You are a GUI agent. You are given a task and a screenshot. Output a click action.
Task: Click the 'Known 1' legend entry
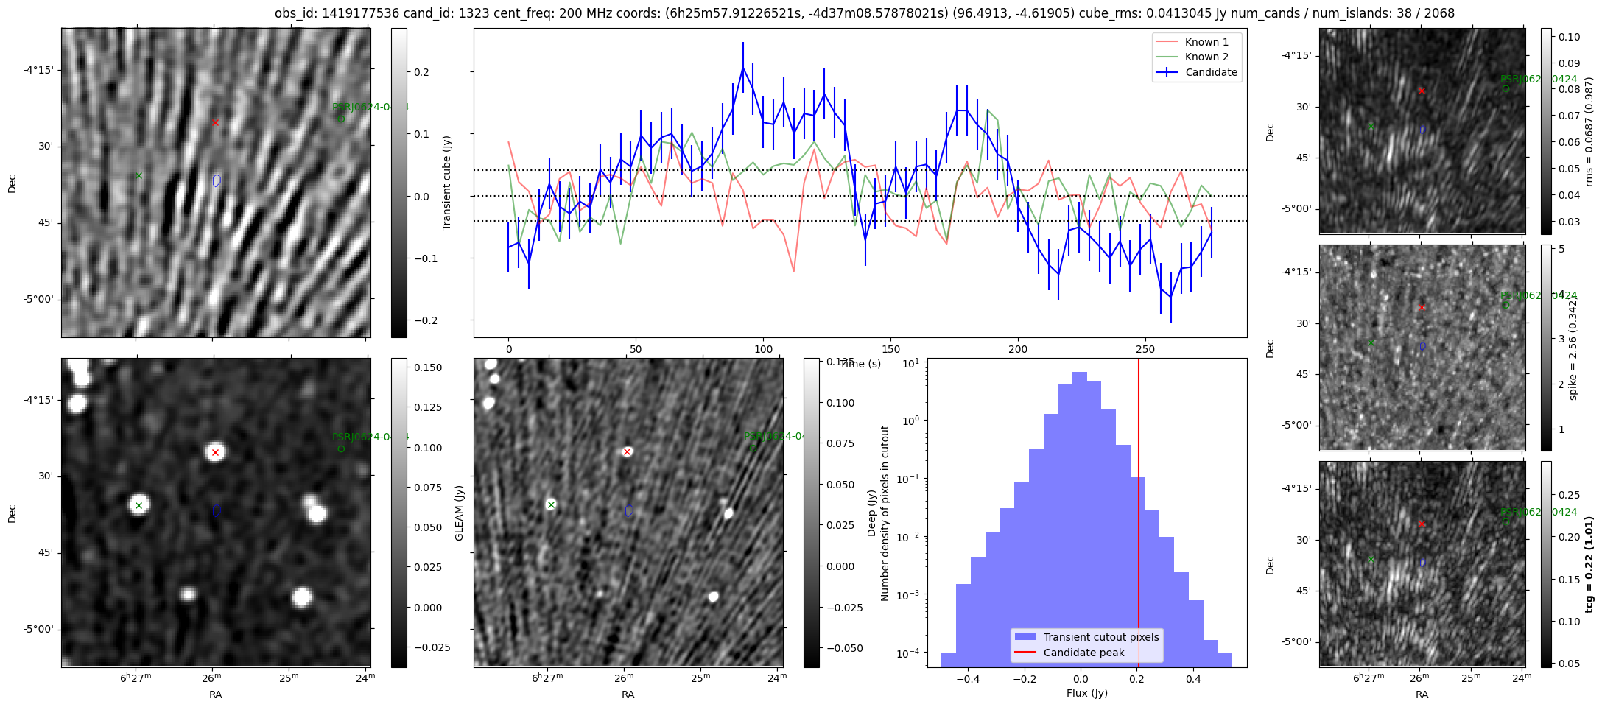click(x=1206, y=42)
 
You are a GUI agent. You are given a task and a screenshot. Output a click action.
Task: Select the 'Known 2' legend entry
click(x=1206, y=57)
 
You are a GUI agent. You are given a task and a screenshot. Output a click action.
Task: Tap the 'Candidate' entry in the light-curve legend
click(x=1211, y=72)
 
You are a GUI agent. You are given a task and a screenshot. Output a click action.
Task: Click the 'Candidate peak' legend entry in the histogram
click(x=1083, y=653)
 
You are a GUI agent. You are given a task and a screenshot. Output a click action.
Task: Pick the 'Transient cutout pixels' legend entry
click(x=1100, y=637)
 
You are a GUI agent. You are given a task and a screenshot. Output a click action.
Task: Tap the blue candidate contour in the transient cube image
click(x=217, y=180)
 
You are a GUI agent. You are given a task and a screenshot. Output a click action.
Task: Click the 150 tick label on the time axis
click(x=890, y=349)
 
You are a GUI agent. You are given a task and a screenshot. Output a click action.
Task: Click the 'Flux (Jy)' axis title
click(x=1086, y=693)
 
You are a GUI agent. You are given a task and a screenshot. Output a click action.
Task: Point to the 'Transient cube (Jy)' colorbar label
click(x=446, y=183)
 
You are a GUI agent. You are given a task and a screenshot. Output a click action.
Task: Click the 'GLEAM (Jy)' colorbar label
click(x=459, y=513)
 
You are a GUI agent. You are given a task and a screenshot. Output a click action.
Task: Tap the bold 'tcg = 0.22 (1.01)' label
click(x=1589, y=564)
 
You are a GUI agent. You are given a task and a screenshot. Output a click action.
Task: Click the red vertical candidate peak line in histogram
click(x=1139, y=516)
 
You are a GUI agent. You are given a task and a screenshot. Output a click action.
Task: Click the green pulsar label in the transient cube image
click(x=368, y=107)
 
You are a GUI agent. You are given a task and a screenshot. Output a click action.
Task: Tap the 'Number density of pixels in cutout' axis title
click(x=885, y=513)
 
